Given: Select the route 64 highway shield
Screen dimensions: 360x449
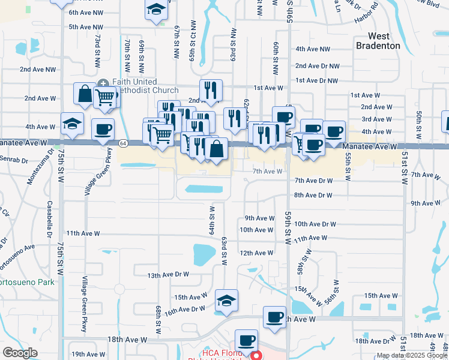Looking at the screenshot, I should [122, 143].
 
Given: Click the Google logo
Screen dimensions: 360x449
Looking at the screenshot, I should [20, 353].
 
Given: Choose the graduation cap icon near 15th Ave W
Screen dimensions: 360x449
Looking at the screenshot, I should [226, 300].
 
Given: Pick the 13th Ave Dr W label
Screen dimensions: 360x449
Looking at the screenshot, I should [169, 275].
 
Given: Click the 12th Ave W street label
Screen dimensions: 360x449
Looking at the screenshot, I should [256, 253].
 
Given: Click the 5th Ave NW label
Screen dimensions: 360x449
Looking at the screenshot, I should [86, 27].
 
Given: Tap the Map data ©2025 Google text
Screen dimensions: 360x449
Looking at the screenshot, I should [412, 355].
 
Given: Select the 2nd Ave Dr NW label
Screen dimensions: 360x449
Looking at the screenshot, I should [318, 66].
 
